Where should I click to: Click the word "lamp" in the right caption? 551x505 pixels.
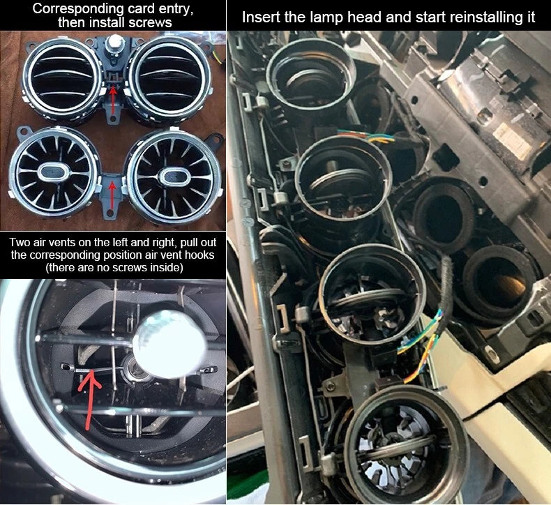[325, 17]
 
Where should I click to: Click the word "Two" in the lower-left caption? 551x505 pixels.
[19, 243]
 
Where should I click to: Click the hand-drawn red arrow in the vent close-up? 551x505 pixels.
[89, 399]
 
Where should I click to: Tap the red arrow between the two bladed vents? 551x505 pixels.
[113, 101]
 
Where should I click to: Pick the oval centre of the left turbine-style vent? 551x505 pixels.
[53, 172]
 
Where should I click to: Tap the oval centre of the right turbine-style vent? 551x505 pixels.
[172, 176]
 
